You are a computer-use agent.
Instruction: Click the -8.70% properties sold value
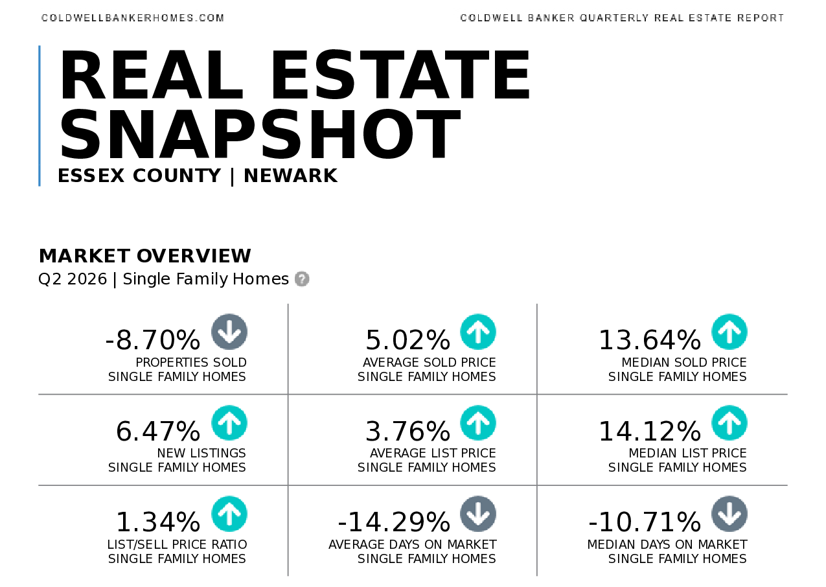(153, 340)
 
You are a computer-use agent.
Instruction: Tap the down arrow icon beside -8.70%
(229, 332)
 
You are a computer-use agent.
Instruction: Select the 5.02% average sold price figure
(408, 340)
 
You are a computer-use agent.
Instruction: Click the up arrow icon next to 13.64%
(729, 332)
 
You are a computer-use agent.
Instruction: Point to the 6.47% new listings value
(158, 432)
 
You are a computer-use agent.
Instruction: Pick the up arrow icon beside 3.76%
(478, 423)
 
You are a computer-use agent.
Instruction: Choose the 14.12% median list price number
(649, 432)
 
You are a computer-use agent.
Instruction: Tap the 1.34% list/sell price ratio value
(158, 522)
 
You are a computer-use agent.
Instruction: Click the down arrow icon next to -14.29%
(478, 514)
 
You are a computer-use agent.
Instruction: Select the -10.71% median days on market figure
(645, 522)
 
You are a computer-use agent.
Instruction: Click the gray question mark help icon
(302, 279)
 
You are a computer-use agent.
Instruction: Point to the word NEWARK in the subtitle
(291, 176)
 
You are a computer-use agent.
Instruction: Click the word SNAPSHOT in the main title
(260, 134)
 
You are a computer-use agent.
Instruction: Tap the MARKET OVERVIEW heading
(145, 256)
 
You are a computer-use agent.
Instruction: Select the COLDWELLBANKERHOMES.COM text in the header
(133, 18)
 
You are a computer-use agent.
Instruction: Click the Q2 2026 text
(73, 279)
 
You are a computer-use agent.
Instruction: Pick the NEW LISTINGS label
(201, 453)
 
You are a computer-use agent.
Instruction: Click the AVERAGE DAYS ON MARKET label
(412, 544)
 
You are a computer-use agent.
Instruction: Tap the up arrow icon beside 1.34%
(229, 514)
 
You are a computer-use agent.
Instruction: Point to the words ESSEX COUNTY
(139, 176)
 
